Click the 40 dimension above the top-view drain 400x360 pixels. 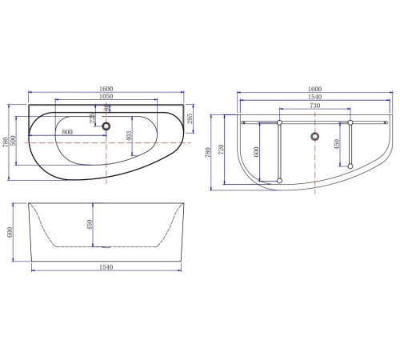click(106, 110)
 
